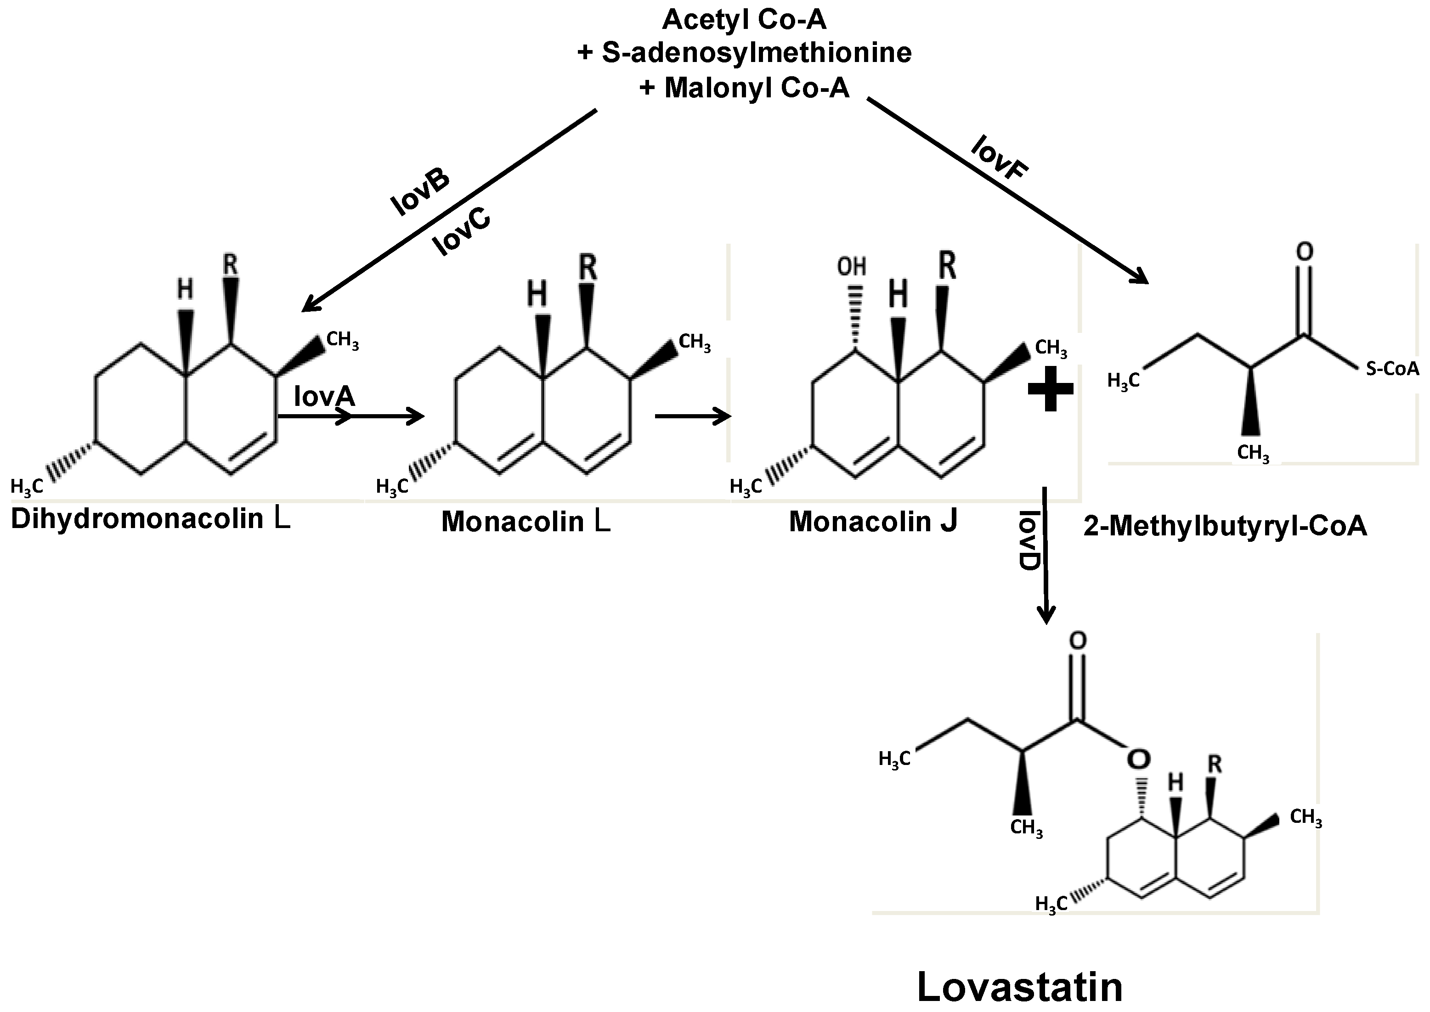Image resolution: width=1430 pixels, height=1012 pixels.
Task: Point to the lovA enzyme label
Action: coord(324,396)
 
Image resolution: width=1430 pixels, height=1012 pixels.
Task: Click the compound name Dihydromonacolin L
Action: coord(150,519)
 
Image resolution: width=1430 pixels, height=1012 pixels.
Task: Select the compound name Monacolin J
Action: coord(873,522)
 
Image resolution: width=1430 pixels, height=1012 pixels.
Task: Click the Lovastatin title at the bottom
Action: coord(1020,988)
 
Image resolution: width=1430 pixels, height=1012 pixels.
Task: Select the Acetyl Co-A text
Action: coord(744,19)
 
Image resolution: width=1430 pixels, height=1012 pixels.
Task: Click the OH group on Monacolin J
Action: coord(852,267)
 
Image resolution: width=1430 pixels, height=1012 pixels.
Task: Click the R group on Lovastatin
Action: coord(1215,764)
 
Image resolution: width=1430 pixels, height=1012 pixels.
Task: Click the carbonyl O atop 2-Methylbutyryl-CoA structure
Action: coord(1305,252)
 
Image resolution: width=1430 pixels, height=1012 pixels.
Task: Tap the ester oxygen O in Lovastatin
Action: coord(1138,759)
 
